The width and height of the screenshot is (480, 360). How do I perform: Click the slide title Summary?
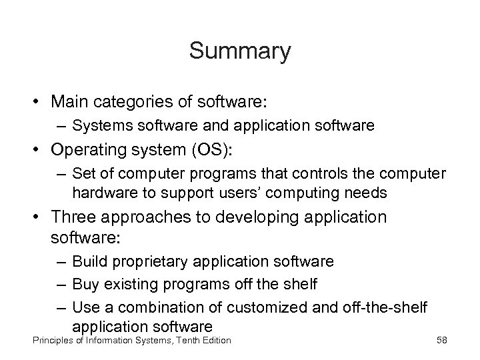click(240, 51)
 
